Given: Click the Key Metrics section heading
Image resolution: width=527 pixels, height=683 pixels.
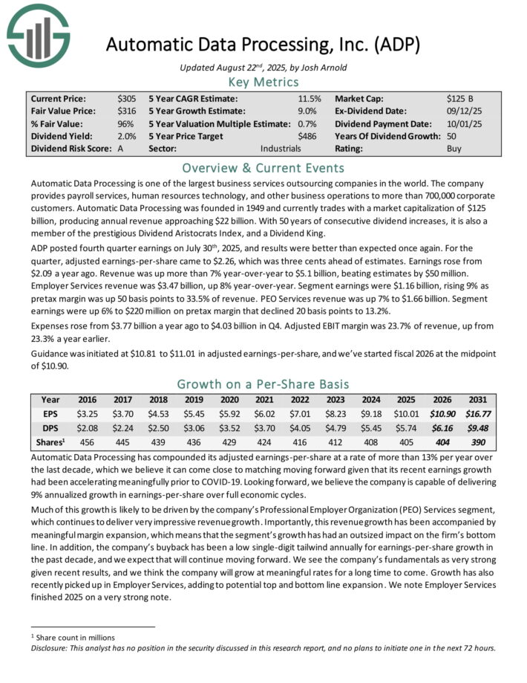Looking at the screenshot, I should coord(263,82).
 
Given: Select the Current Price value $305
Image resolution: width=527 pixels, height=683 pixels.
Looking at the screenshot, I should coord(126,99).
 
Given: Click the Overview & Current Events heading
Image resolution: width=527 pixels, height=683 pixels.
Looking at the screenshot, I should coord(263,167).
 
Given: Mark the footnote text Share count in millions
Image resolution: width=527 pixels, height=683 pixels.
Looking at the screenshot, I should coord(71,637).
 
